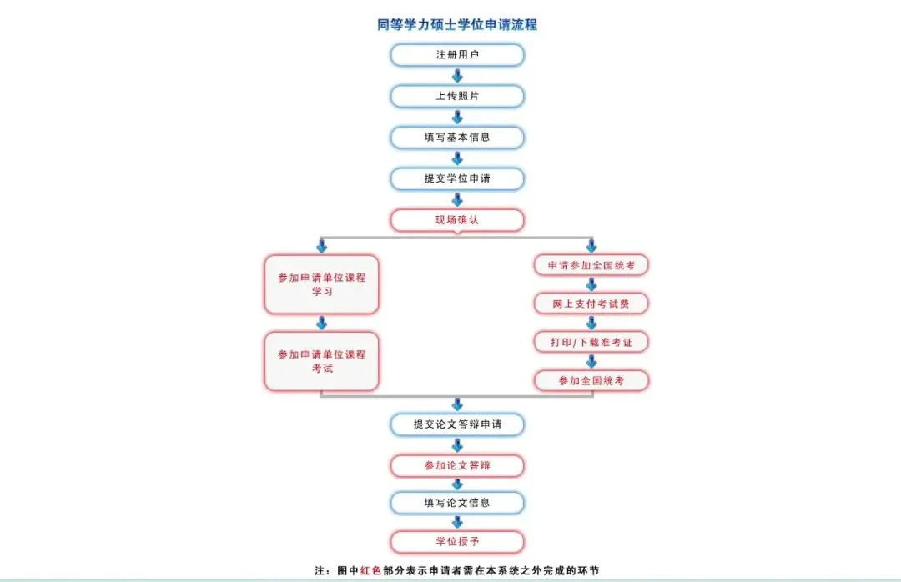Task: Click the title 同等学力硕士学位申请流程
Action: click(457, 25)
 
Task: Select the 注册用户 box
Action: click(457, 55)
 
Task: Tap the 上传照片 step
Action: click(457, 96)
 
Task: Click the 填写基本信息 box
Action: click(457, 138)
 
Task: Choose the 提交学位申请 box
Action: click(457, 178)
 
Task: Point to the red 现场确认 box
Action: click(457, 220)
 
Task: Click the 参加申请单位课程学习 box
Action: click(321, 284)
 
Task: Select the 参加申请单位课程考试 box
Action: click(321, 361)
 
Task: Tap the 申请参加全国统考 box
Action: click(591, 265)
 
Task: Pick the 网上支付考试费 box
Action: click(591, 304)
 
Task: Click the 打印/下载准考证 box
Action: click(591, 342)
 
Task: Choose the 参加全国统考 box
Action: click(591, 380)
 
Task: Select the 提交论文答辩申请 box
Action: click(457, 424)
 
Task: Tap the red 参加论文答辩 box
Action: click(457, 465)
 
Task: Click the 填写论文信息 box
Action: click(457, 503)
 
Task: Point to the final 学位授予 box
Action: click(457, 542)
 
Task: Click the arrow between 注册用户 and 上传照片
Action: click(457, 76)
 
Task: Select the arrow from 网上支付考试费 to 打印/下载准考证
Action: click(591, 323)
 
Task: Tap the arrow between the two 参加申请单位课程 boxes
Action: click(321, 323)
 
